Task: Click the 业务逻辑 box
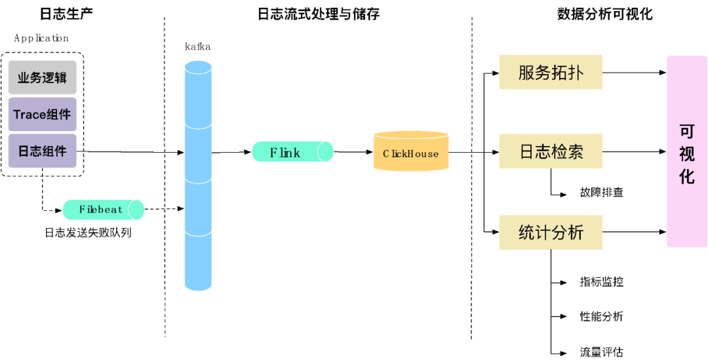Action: [43, 77]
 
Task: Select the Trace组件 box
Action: [43, 115]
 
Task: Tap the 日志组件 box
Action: [43, 151]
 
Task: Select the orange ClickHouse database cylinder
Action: [411, 153]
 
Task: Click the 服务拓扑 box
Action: [550, 72]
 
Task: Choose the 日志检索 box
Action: [550, 152]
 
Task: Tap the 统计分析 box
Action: [550, 232]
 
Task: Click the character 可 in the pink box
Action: [686, 132]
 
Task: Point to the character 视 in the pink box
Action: [686, 154]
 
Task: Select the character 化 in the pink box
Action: [686, 176]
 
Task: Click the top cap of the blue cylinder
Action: [198, 66]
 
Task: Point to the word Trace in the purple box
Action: [29, 115]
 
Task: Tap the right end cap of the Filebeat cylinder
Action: [136, 210]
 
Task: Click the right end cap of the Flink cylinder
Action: [325, 152]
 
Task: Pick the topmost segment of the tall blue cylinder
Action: [198, 98]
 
